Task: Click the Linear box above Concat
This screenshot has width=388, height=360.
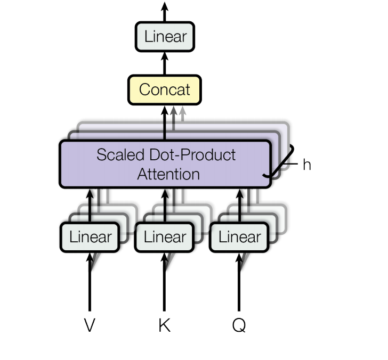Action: [166, 37]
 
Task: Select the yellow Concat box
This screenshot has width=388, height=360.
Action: [164, 89]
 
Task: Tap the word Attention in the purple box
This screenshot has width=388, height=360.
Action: [168, 174]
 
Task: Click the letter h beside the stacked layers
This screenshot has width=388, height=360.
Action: [306, 165]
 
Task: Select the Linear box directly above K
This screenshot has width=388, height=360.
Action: [165, 237]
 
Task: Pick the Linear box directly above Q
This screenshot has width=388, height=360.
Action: [240, 237]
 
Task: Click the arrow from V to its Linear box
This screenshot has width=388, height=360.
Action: [90, 282]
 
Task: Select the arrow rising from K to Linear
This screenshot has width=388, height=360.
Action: [164, 282]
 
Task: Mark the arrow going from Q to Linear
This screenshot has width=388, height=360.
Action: [239, 282]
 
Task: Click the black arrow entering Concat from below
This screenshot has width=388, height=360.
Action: [164, 122]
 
